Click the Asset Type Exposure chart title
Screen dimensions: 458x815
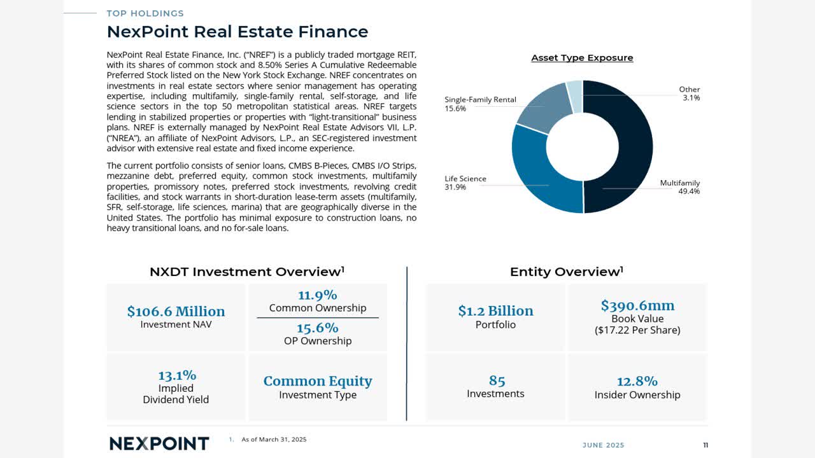click(x=582, y=58)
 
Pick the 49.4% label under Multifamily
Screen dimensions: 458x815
click(x=689, y=191)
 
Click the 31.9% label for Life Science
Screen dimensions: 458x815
click(x=455, y=187)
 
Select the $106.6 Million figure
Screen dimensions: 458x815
click(x=176, y=311)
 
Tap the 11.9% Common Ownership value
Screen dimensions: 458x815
click(x=317, y=295)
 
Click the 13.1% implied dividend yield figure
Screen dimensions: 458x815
click(x=176, y=375)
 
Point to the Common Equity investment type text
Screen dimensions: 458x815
click(x=317, y=381)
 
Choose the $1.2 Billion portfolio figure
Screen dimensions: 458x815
click(x=495, y=310)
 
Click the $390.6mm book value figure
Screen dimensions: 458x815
click(x=637, y=305)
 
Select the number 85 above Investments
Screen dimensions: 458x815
click(x=497, y=380)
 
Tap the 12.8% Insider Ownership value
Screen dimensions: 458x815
click(x=637, y=381)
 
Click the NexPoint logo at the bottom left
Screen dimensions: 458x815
click(x=159, y=443)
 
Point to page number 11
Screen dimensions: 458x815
click(x=705, y=445)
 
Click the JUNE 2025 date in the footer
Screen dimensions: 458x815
click(x=603, y=445)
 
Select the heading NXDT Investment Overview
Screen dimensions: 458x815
click(x=246, y=272)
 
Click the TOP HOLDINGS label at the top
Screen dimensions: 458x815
click(x=145, y=13)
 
